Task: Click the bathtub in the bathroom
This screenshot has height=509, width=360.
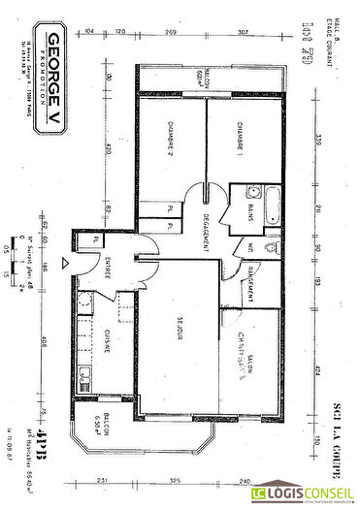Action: click(273, 207)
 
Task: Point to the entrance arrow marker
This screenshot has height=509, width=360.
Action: click(65, 262)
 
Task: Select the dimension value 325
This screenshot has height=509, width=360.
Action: click(176, 481)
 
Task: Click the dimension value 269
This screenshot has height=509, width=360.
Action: click(171, 32)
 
